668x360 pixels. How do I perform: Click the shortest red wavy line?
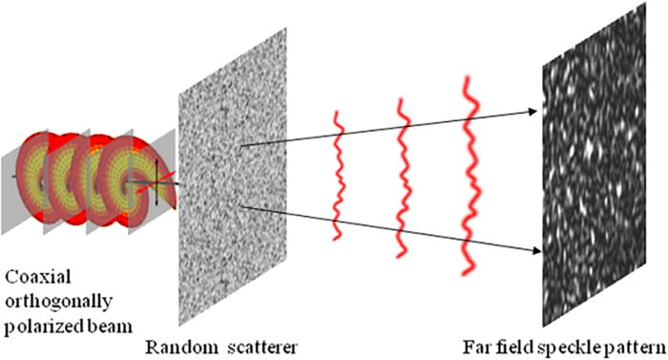coord(336,176)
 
